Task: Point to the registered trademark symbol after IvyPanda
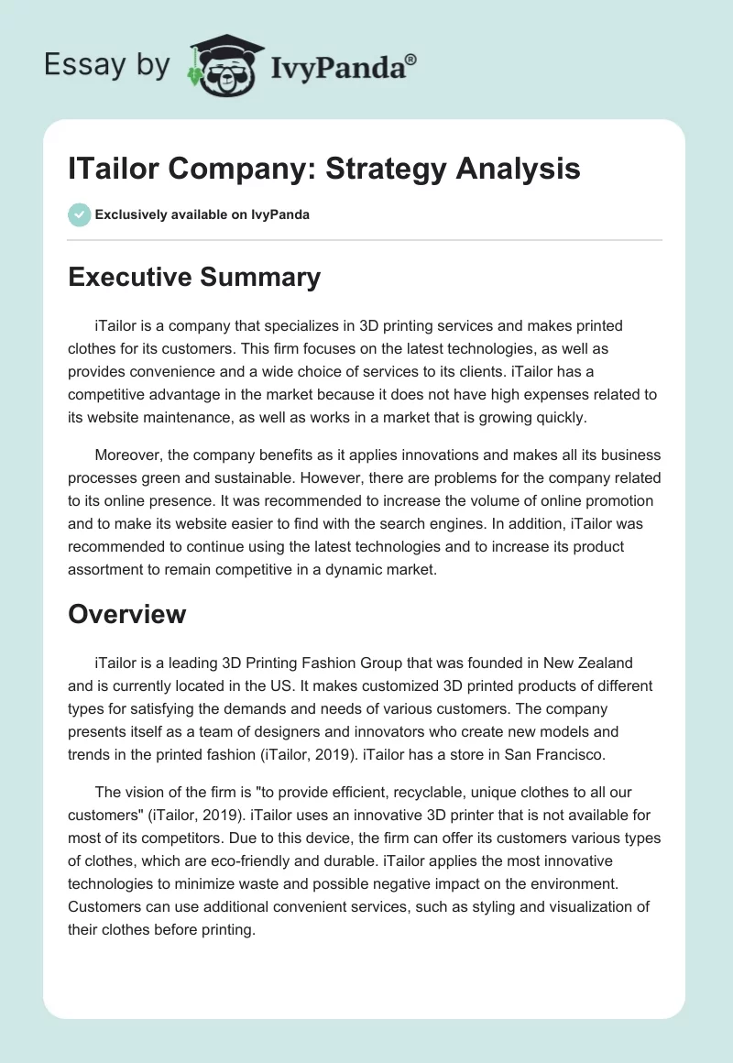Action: click(411, 59)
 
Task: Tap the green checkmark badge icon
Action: click(79, 214)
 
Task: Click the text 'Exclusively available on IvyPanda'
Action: click(202, 214)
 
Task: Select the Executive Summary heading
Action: click(194, 277)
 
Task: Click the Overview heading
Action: click(126, 613)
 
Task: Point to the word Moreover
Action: click(128, 455)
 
